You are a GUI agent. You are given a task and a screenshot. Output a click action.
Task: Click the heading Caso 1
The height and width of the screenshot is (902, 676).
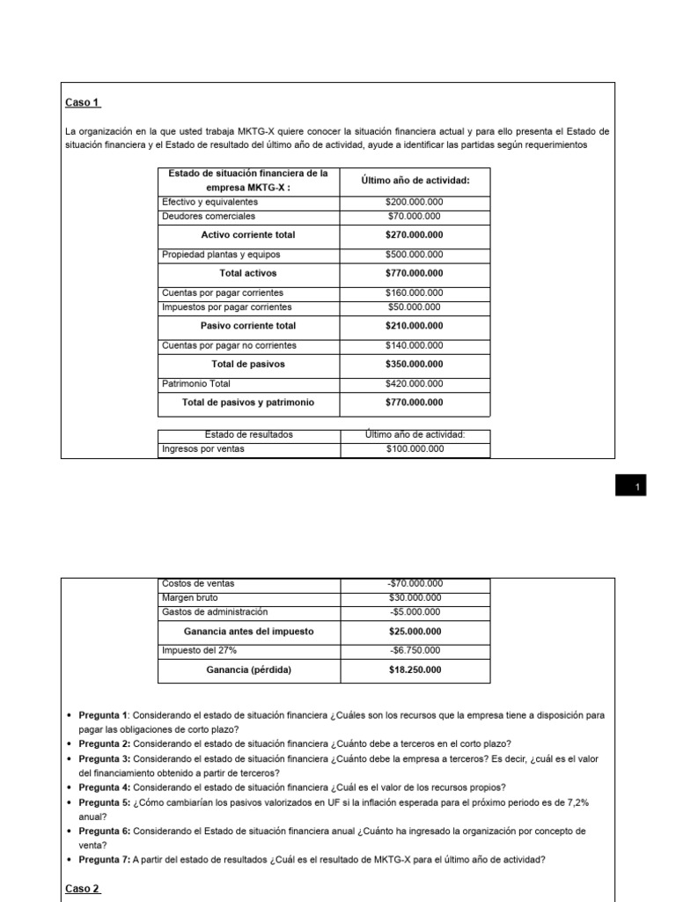pos(84,103)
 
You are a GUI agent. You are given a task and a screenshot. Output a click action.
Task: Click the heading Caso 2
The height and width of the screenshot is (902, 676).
pos(84,888)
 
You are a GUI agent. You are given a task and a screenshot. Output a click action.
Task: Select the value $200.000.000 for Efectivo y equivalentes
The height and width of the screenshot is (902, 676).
pos(414,202)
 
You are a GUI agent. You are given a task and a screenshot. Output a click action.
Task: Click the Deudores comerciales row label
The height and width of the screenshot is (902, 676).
pos(209,216)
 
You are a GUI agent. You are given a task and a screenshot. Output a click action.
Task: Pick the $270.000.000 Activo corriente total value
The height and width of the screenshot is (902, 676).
pos(414,235)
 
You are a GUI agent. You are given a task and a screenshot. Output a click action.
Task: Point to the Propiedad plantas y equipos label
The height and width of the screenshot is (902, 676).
pos(222,255)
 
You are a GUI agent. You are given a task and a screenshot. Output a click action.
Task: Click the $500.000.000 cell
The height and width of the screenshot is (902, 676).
pos(414,255)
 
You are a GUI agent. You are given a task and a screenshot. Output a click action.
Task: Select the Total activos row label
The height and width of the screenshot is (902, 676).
pos(248,273)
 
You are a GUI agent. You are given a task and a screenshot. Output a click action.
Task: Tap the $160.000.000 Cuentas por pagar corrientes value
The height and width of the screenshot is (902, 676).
pos(414,292)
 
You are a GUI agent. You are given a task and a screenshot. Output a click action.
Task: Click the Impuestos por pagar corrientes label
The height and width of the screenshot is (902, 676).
pos(226,307)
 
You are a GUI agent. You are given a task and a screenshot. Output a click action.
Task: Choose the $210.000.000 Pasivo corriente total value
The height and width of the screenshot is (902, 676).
pos(414,326)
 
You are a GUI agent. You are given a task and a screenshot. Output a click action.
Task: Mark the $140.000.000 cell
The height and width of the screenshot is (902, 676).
pos(414,345)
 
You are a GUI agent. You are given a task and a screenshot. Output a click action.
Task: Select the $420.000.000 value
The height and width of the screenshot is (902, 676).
pos(414,383)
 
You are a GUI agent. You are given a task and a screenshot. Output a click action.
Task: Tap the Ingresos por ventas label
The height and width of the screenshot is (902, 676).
pos(202,449)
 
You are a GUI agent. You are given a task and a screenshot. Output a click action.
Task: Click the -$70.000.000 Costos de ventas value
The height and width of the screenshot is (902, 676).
pos(414,583)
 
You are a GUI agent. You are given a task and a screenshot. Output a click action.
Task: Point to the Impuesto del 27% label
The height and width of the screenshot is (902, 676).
pos(199,650)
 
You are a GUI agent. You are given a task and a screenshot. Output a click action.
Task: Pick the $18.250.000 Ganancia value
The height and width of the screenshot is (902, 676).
pos(415,669)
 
